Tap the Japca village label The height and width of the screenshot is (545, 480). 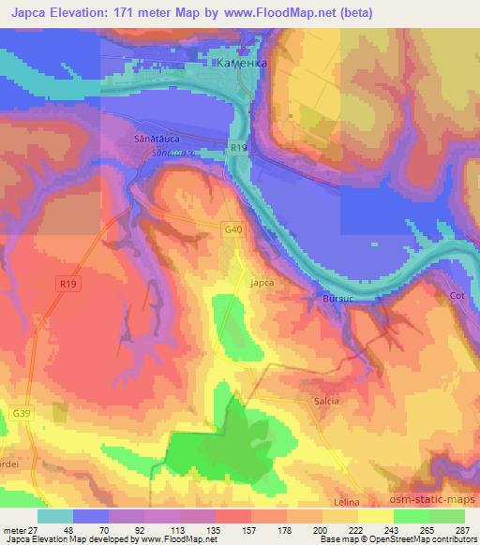261,279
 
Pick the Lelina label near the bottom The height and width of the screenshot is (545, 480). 347,503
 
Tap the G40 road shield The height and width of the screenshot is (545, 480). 233,229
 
